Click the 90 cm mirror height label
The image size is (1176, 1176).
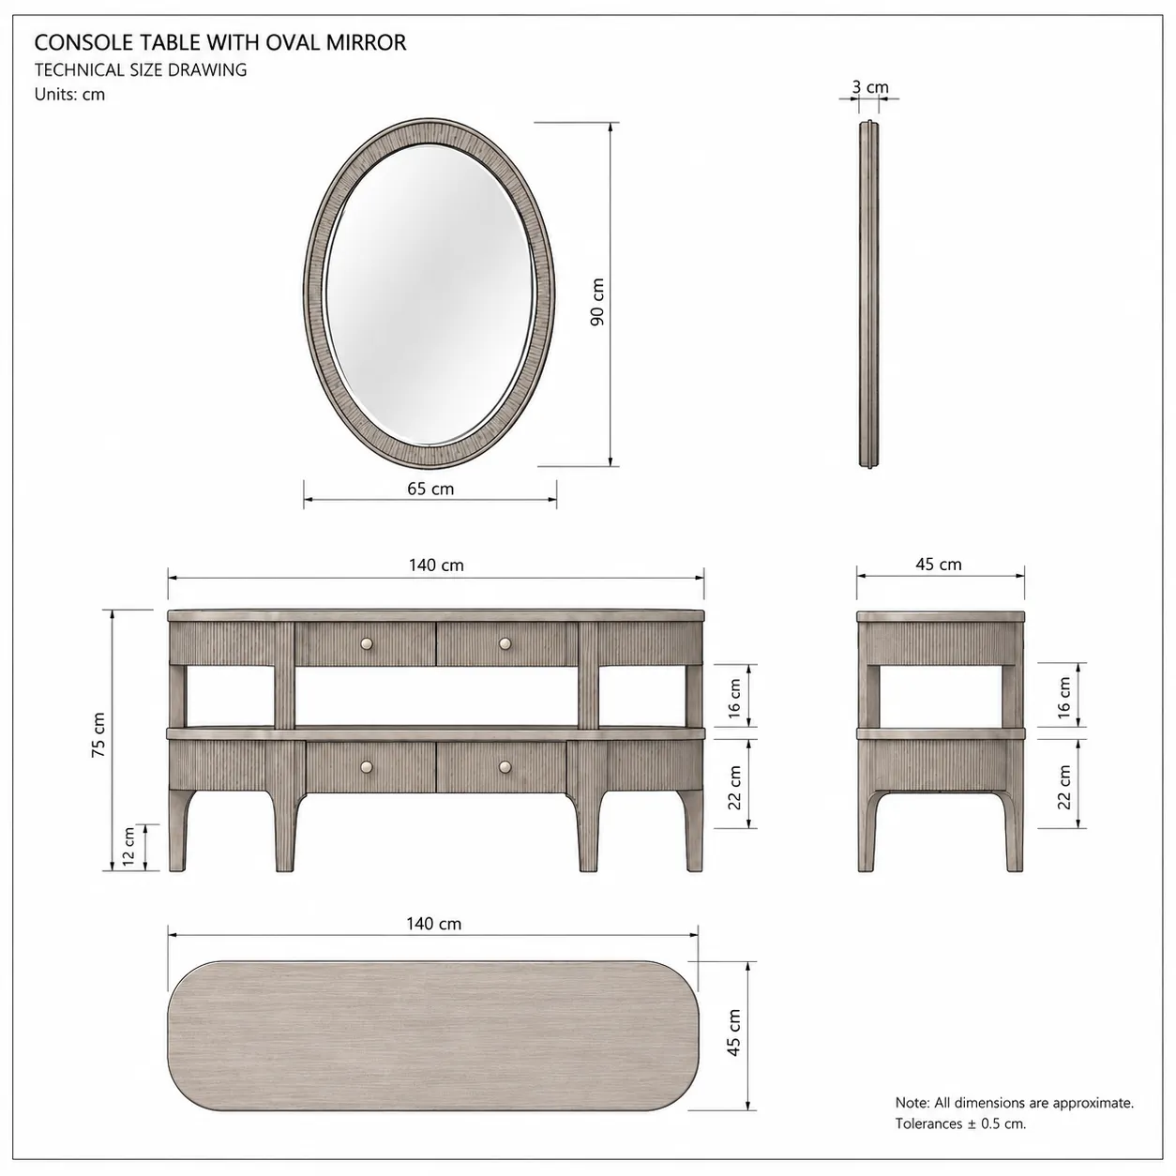tap(597, 301)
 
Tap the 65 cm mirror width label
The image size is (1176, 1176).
tap(430, 489)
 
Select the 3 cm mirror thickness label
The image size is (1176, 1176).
tap(870, 87)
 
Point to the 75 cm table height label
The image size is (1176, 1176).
tap(98, 735)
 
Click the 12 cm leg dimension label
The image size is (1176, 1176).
tap(128, 847)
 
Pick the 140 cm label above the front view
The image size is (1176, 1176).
tap(436, 565)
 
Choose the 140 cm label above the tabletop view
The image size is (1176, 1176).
tap(433, 924)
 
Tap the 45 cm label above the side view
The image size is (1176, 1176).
tap(938, 565)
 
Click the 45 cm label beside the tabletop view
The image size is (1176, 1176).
tap(734, 1033)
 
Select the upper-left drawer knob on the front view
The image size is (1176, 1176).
tap(366, 643)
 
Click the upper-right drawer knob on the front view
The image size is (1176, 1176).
tap(505, 643)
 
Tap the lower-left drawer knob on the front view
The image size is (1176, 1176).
tap(366, 766)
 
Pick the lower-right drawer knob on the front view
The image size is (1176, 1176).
tap(505, 766)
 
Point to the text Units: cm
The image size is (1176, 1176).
tap(69, 95)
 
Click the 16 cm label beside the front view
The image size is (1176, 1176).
tap(734, 699)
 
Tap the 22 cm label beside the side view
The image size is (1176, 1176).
tap(1063, 787)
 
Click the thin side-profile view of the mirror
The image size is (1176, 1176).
tap(869, 294)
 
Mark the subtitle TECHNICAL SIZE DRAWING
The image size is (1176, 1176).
tap(141, 70)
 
